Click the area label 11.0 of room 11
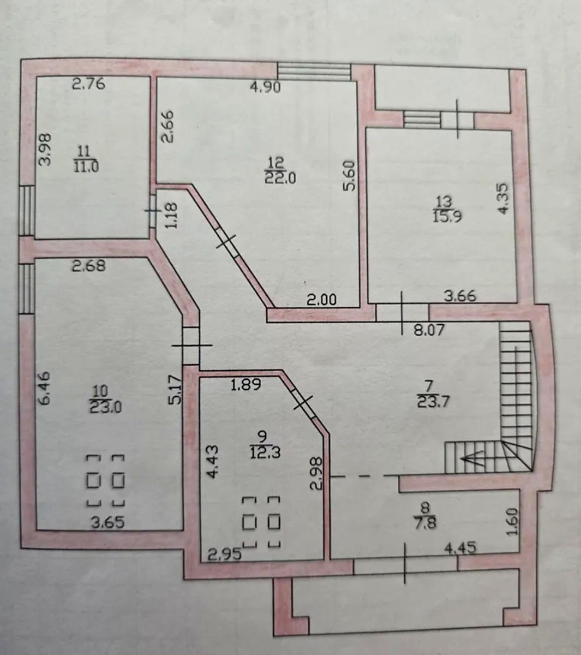click(86, 167)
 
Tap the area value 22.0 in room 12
click(280, 177)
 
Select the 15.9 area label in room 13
click(447, 216)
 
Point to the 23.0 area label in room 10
click(106, 407)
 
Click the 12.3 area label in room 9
click(265, 453)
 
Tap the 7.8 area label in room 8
click(427, 522)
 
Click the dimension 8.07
click(429, 330)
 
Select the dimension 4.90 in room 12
click(265, 87)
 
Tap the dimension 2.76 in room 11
click(88, 84)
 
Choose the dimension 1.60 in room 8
click(513, 521)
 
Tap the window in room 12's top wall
click(314, 72)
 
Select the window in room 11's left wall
click(27, 211)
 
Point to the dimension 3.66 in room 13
click(460, 296)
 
